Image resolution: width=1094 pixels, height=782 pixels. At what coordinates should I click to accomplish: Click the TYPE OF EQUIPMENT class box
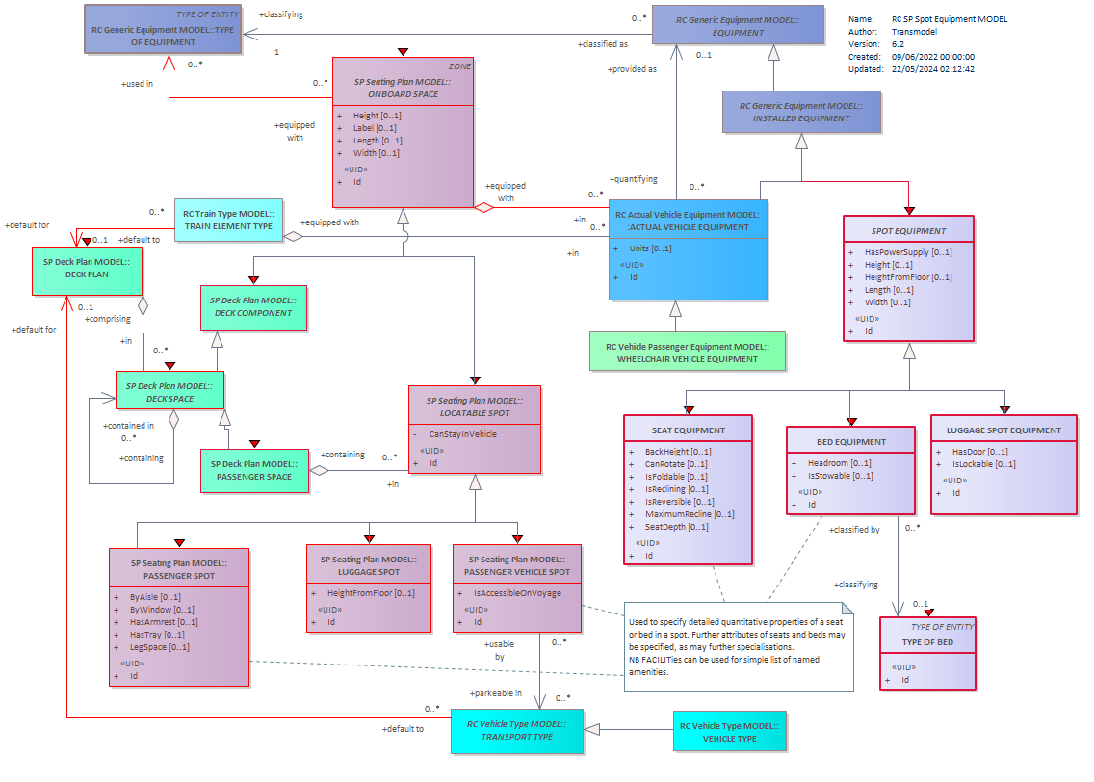pyautogui.click(x=163, y=29)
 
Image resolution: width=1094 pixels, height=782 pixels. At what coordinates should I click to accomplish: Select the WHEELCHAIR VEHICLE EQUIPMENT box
pyautogui.click(x=688, y=352)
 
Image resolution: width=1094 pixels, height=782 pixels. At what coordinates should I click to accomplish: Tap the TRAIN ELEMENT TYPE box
pyautogui.click(x=228, y=220)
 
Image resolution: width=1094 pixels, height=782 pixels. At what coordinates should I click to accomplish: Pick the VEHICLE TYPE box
pyautogui.click(x=729, y=731)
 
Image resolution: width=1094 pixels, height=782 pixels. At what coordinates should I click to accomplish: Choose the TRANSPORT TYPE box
pyautogui.click(x=517, y=731)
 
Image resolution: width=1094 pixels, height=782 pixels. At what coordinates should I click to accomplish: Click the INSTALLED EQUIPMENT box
pyautogui.click(x=801, y=112)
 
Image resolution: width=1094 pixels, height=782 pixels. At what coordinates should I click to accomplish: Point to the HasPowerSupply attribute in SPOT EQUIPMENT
pyautogui.click(x=908, y=252)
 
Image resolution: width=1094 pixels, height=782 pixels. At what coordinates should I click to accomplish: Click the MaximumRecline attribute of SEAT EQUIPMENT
pyautogui.click(x=690, y=515)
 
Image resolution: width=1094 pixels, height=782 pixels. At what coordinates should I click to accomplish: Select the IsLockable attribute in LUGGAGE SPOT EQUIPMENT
pyautogui.click(x=984, y=464)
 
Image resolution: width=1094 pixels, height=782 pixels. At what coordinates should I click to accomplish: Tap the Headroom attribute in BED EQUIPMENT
pyautogui.click(x=840, y=463)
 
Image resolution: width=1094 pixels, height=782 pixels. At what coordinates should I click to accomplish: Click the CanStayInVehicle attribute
pyautogui.click(x=462, y=434)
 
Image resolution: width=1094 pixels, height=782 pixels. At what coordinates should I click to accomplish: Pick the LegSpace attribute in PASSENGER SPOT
pyautogui.click(x=159, y=647)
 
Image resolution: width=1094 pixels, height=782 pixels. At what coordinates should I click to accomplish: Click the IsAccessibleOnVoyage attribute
pyautogui.click(x=517, y=593)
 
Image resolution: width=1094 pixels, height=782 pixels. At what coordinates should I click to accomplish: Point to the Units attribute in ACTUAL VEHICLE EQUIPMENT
pyautogui.click(x=650, y=248)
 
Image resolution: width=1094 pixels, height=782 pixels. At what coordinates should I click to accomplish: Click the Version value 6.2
pyautogui.click(x=898, y=44)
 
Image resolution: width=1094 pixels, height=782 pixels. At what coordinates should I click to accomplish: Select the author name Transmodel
pyautogui.click(x=914, y=32)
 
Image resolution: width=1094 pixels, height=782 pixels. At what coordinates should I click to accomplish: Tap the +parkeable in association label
pyautogui.click(x=495, y=693)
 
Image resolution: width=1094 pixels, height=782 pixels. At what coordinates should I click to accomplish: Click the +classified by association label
pyautogui.click(x=854, y=531)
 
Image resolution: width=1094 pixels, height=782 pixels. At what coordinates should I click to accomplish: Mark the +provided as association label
pyautogui.click(x=632, y=69)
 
